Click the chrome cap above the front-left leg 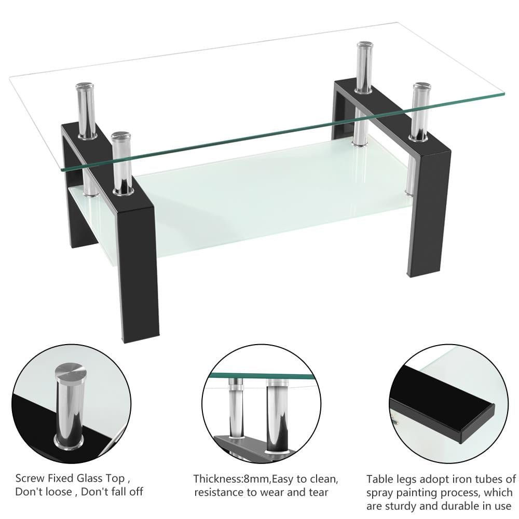coord(120,138)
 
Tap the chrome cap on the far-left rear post coord(85,87)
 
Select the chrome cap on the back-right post coord(365,46)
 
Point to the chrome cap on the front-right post coord(421,87)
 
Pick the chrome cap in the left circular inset coord(71,372)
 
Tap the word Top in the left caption coord(115,478)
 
